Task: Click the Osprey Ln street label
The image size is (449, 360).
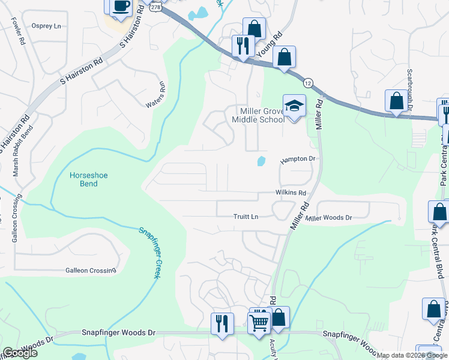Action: pos(47,26)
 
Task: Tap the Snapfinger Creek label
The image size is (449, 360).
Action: pos(149,252)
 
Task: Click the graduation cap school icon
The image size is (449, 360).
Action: pos(294,106)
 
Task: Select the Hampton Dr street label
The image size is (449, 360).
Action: pos(298,159)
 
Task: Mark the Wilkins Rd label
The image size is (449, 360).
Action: pos(291,193)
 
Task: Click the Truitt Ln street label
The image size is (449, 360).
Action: pos(246,216)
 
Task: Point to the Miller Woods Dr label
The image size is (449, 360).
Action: pos(328,218)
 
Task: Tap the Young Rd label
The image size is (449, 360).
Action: pos(270,46)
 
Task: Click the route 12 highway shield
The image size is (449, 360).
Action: pos(307,82)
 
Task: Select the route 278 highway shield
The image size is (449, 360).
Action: pos(156,7)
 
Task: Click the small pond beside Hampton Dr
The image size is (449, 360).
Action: pos(261,161)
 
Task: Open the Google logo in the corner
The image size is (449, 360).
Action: pos(20,353)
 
